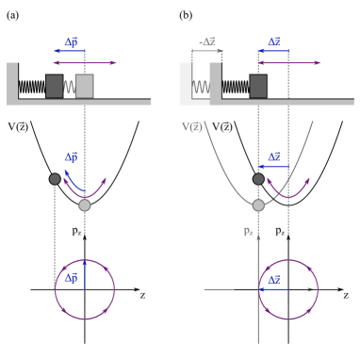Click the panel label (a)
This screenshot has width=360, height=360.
tap(12, 15)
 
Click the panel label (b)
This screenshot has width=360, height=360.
tap(186, 15)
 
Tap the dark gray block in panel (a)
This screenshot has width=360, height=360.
tap(55, 87)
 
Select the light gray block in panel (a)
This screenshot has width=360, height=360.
tap(85, 87)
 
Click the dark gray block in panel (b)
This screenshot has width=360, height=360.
tap(258, 87)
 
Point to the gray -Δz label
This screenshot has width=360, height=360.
tap(207, 42)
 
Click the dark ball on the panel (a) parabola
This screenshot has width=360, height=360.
tap(55, 179)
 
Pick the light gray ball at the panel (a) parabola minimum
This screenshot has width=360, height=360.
tap(85, 205)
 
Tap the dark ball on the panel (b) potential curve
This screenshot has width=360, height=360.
tap(258, 179)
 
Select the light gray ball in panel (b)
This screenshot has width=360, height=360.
tap(258, 205)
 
